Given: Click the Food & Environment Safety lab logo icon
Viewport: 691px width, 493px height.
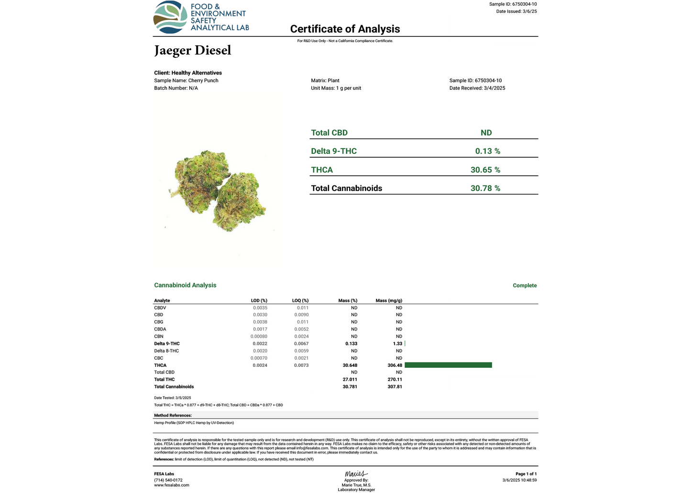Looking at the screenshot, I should (170, 18).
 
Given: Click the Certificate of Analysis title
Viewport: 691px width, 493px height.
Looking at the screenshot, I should (345, 29).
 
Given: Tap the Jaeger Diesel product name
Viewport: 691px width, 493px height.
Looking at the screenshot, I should (193, 51).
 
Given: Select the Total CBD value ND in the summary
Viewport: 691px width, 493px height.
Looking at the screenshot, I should (486, 133).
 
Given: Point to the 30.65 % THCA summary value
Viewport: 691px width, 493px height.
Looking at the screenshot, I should (485, 170).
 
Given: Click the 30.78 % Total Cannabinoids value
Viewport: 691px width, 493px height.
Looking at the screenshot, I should (485, 188).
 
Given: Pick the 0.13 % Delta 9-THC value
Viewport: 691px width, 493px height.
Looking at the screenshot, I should (487, 151).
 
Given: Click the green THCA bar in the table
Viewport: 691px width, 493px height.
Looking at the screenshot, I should (448, 365).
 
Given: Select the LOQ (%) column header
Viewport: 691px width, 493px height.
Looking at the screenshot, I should (300, 300).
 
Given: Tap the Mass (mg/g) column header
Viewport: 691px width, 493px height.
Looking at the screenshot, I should (389, 300).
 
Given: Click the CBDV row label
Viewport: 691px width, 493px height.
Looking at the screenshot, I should (160, 308).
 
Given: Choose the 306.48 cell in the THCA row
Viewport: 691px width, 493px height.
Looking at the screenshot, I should (395, 365).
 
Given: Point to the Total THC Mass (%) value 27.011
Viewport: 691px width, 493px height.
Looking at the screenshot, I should (350, 379).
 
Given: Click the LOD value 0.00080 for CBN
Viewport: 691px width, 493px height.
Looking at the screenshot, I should (259, 336).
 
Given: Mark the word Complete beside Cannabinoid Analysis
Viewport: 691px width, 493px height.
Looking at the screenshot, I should (525, 286).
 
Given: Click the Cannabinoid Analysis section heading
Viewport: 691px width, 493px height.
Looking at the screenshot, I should (185, 285).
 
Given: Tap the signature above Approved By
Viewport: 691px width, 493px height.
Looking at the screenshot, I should (356, 474).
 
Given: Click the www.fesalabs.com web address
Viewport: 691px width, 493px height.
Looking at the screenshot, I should (172, 485).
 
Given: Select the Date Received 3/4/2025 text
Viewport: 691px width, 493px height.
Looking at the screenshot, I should (477, 88).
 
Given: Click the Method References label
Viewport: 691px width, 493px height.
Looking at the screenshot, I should (173, 416).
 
